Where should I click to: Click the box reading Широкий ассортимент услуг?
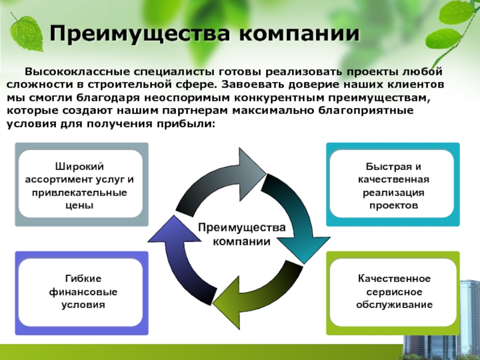coord(80,184)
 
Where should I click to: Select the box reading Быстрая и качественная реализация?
coord(393,184)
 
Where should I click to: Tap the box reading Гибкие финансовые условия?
coord(80,292)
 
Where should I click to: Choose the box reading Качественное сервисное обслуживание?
coord(393,292)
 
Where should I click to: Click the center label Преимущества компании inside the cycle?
coord(239,235)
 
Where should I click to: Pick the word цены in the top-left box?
coord(81,205)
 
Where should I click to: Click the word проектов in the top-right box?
coord(393,205)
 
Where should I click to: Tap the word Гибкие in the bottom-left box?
coord(81,280)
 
